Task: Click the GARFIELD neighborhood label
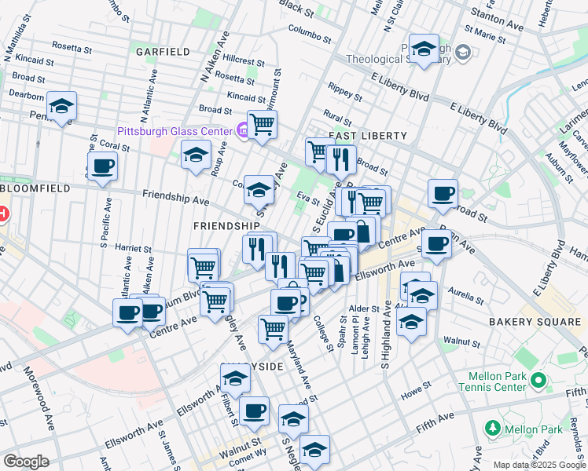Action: (x=163, y=52)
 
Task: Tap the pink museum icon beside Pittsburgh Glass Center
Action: (x=244, y=131)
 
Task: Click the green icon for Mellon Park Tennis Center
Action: (x=538, y=381)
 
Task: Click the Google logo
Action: (x=26, y=462)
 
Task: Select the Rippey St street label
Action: (x=345, y=92)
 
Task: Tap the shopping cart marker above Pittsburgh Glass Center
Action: (x=262, y=123)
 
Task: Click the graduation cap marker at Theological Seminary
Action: (x=423, y=49)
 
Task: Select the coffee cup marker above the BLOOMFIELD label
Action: (x=102, y=166)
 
